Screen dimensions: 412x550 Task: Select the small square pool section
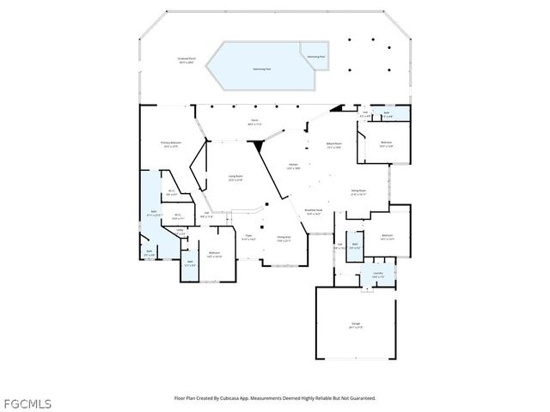click(315, 55)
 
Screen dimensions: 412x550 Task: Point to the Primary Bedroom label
click(169, 143)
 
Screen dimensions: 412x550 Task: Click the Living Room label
click(235, 178)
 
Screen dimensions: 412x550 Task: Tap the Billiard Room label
click(333, 144)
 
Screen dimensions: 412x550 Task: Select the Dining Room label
click(358, 192)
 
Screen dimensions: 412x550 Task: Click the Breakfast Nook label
click(314, 210)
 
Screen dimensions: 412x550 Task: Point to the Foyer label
click(248, 236)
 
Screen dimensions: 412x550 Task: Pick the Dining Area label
click(283, 238)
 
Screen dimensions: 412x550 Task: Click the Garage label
click(355, 324)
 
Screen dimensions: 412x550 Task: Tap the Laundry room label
click(377, 276)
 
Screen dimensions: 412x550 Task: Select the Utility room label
click(180, 230)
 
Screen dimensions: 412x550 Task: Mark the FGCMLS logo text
click(27, 402)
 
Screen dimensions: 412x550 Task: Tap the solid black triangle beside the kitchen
click(259, 148)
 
